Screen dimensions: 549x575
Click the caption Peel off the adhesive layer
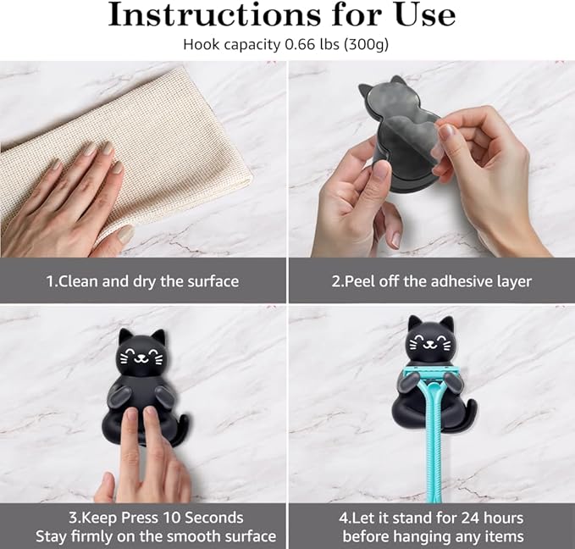point(432,281)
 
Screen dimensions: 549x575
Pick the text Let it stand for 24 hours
point(433,517)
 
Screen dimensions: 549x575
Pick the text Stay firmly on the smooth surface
point(156,535)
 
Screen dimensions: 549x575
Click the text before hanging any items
point(433,535)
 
